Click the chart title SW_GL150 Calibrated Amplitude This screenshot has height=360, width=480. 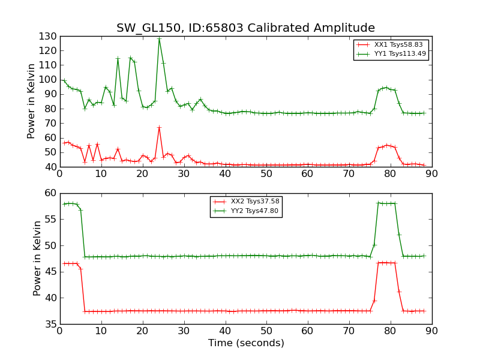pyautogui.click(x=245, y=28)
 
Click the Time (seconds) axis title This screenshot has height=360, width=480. pyautogui.click(x=246, y=343)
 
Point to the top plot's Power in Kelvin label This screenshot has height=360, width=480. pyautogui.click(x=32, y=101)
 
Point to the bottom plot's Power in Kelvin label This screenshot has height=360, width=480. pyautogui.click(x=37, y=258)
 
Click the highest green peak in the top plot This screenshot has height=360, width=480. pyautogui.click(x=159, y=39)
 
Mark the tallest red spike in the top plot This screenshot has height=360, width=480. pyautogui.click(x=159, y=127)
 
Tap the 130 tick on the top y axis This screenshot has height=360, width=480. pyautogui.click(x=49, y=36)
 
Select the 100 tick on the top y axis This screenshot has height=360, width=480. pyautogui.click(x=49, y=80)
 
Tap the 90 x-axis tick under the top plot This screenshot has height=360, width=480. pyautogui.click(x=432, y=173)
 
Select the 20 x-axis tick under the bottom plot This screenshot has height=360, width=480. pyautogui.click(x=143, y=331)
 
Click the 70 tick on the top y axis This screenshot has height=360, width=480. pyautogui.click(x=51, y=123)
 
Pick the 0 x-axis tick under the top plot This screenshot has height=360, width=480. pyautogui.click(x=60, y=173)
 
